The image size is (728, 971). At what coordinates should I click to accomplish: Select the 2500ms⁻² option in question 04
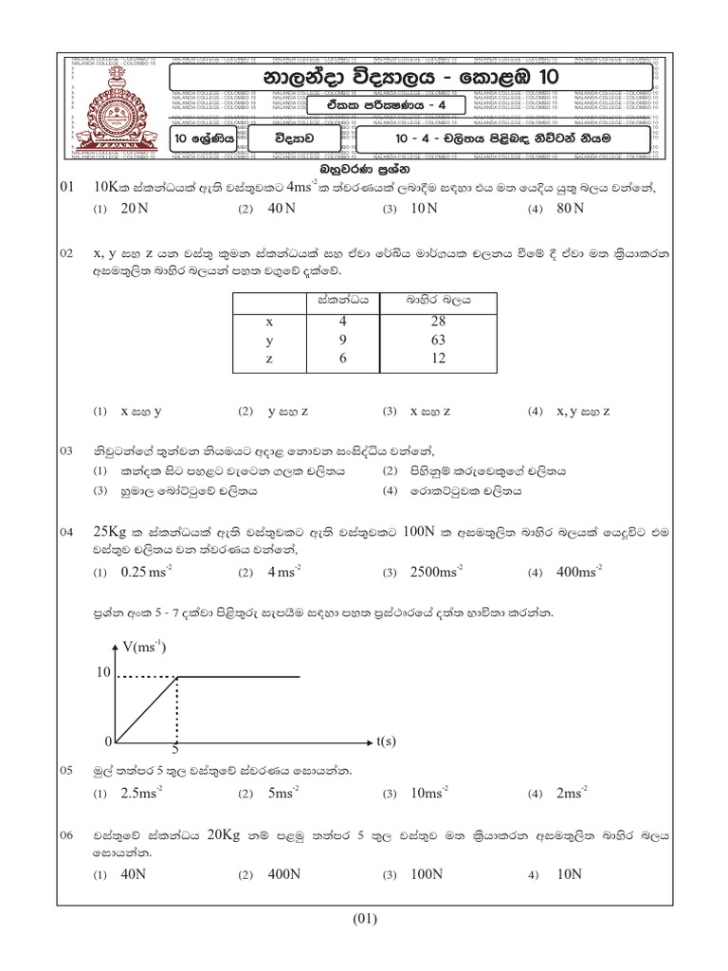[435, 572]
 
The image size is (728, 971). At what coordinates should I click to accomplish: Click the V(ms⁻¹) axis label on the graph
[144, 648]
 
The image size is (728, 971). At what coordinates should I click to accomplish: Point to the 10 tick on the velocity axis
[103, 674]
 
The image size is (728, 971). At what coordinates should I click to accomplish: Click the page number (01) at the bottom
[365, 918]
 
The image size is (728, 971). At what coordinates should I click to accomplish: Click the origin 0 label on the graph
[109, 741]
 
